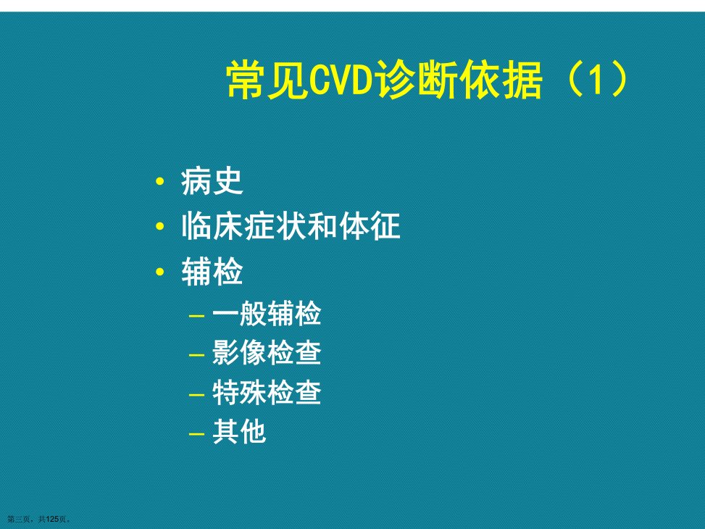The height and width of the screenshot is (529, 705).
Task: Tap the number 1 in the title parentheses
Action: click(x=596, y=80)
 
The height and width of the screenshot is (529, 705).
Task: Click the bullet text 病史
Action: click(x=212, y=182)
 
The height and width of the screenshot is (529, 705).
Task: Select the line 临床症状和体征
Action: click(x=291, y=226)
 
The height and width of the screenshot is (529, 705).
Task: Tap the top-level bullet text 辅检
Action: click(x=212, y=271)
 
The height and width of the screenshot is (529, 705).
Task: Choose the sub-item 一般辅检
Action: click(x=267, y=314)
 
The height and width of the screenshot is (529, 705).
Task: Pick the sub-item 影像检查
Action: click(x=267, y=353)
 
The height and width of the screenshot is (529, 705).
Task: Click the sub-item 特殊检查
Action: click(x=267, y=392)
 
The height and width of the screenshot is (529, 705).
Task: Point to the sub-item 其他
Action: click(x=239, y=432)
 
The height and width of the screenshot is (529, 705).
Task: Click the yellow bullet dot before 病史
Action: click(x=159, y=182)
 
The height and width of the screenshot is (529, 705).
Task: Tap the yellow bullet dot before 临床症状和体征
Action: click(x=159, y=226)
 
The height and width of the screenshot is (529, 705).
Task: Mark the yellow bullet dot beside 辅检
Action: click(x=159, y=271)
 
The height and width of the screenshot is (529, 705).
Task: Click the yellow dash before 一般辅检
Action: click(x=197, y=316)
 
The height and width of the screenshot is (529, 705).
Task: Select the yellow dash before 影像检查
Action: click(x=197, y=355)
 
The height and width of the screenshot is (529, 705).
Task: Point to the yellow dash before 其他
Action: click(x=197, y=435)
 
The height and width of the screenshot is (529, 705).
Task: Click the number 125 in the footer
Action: click(x=53, y=519)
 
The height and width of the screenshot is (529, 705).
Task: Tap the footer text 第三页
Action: click(x=18, y=519)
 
